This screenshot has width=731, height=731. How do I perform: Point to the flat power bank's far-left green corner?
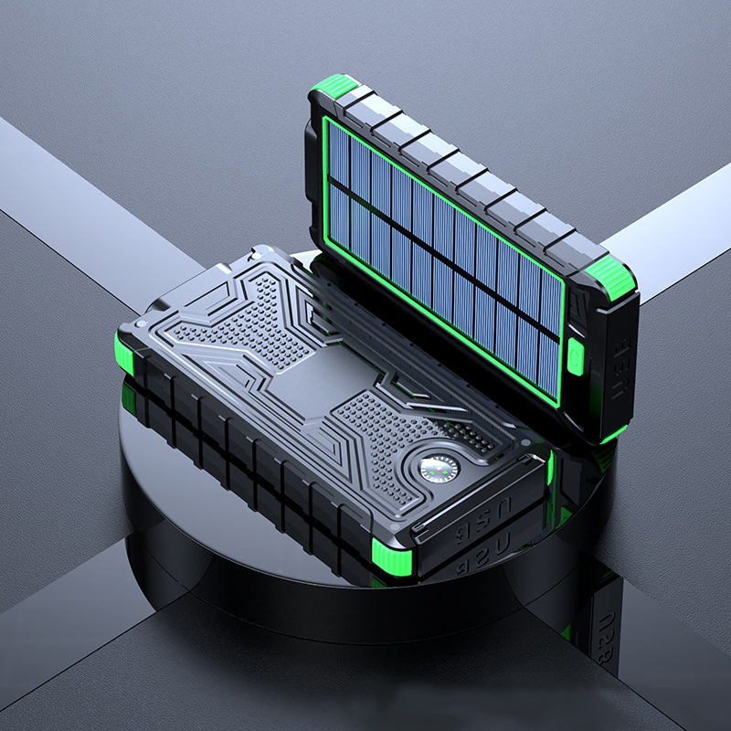(125, 351)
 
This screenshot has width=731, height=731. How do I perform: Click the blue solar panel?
(439, 247)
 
